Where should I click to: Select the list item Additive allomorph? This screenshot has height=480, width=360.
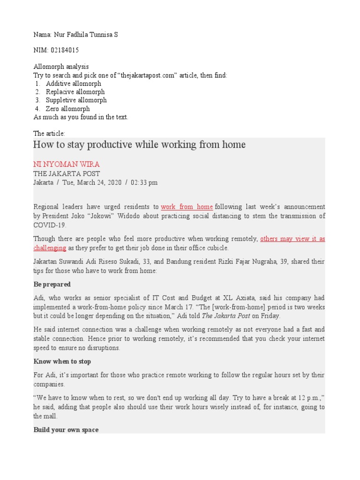(x=73, y=83)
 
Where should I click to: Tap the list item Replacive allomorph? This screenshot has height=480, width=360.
(x=75, y=92)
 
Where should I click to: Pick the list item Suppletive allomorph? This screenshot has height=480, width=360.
(x=76, y=100)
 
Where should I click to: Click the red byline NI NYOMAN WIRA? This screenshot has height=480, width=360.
(x=67, y=164)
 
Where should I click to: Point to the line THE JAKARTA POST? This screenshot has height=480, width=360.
(x=67, y=173)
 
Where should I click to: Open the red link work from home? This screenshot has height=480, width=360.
(x=187, y=207)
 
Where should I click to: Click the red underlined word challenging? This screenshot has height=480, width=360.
(x=50, y=248)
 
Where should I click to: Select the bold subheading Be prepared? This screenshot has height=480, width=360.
(x=52, y=284)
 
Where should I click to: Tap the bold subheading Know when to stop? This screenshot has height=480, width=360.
(x=62, y=361)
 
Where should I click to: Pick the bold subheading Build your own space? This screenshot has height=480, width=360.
(x=66, y=429)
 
